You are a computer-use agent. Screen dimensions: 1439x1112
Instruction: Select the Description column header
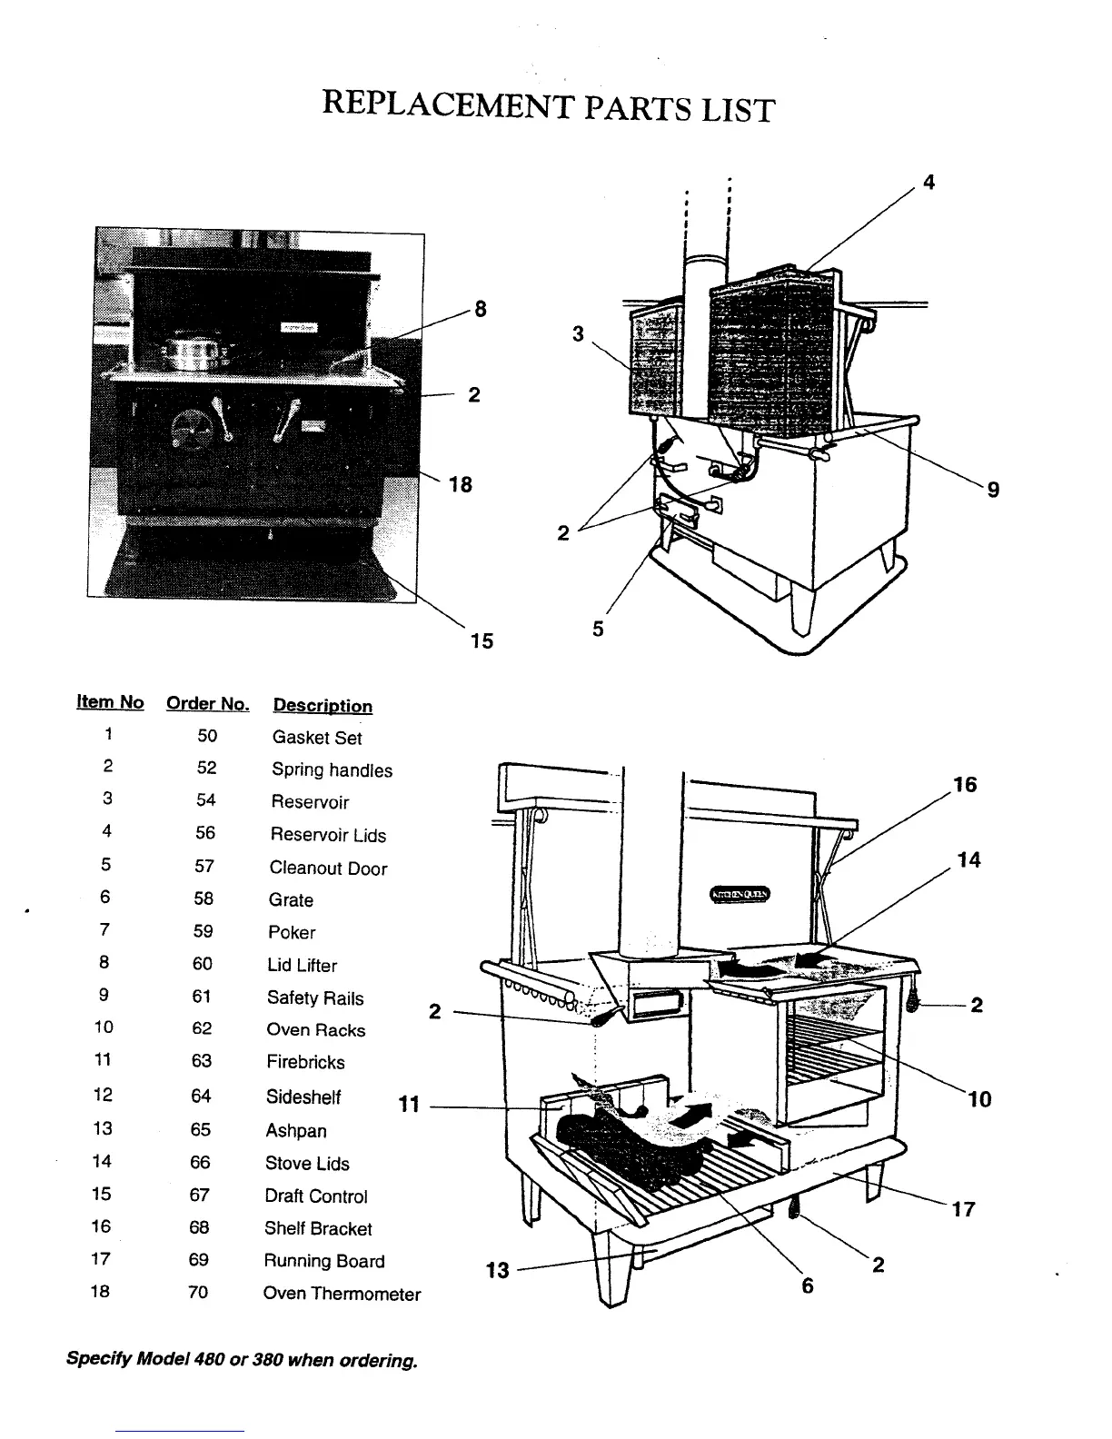pyautogui.click(x=323, y=706)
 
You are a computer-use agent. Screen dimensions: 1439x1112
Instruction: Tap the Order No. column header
pyautogui.click(x=207, y=704)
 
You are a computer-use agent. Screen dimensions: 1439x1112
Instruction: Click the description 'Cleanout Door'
pyautogui.click(x=328, y=868)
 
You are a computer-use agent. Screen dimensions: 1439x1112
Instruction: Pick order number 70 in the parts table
pyautogui.click(x=198, y=1292)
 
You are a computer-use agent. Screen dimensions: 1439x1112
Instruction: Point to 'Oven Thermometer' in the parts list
pyautogui.click(x=342, y=1294)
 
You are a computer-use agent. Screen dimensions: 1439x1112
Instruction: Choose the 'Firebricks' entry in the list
pyautogui.click(x=305, y=1062)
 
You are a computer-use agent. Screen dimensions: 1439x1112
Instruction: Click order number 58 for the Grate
pyautogui.click(x=203, y=899)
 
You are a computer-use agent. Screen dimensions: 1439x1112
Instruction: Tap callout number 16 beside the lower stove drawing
pyautogui.click(x=965, y=784)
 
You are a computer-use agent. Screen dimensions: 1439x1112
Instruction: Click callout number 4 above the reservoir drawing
pyautogui.click(x=928, y=182)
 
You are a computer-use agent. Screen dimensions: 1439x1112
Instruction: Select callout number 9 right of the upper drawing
pyautogui.click(x=993, y=490)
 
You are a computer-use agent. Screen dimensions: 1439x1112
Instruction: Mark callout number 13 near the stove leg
pyautogui.click(x=497, y=1270)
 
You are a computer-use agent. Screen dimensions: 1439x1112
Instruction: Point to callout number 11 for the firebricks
pyautogui.click(x=409, y=1105)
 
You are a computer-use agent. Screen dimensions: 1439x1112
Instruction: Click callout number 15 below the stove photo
pyautogui.click(x=482, y=640)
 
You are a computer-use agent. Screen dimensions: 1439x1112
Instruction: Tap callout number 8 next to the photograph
pyautogui.click(x=481, y=309)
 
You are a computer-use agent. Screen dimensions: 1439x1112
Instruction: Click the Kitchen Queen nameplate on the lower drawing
pyautogui.click(x=740, y=895)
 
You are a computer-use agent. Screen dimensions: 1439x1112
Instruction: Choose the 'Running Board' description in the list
pyautogui.click(x=323, y=1261)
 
